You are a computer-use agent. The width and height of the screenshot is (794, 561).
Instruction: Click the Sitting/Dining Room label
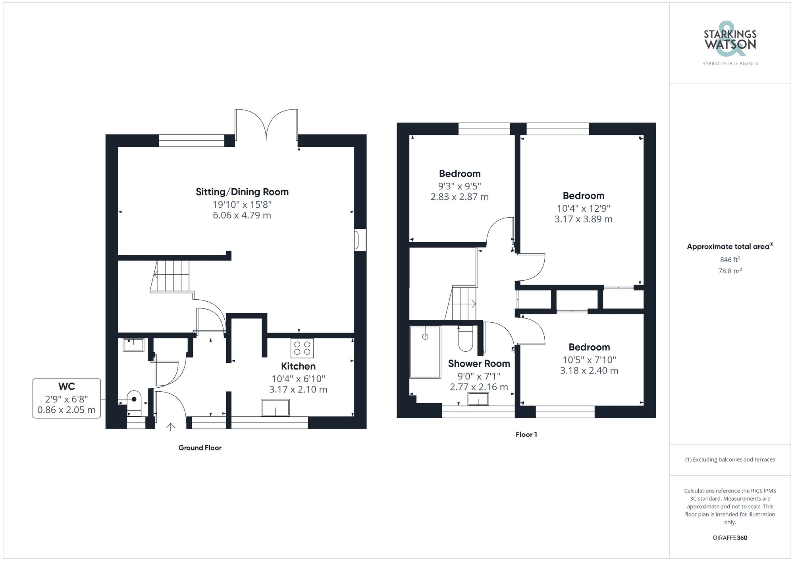[242, 192]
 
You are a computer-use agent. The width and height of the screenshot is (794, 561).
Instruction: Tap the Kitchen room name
[298, 366]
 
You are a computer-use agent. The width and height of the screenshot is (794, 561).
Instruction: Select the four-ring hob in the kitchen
[302, 348]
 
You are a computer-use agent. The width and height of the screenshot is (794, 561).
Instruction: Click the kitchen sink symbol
[275, 408]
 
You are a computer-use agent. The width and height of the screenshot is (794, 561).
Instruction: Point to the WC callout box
[66, 398]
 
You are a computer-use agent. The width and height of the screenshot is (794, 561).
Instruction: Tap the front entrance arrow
[171, 427]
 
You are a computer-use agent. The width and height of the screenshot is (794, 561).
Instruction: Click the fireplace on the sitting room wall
[360, 240]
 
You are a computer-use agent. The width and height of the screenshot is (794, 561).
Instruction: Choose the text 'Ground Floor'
[200, 448]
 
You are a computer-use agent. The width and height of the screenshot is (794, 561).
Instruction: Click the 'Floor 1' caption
[526, 435]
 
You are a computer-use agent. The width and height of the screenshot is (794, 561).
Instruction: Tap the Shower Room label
[479, 364]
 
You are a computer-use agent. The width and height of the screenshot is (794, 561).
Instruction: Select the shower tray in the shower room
[425, 352]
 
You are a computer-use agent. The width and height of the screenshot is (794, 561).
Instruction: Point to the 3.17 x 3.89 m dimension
[583, 219]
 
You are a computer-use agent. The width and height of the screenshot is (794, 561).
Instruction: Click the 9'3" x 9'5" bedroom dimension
[459, 186]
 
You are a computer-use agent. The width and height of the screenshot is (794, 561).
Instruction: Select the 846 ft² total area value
[730, 260]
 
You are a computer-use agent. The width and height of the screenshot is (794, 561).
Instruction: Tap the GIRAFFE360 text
[730, 538]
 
